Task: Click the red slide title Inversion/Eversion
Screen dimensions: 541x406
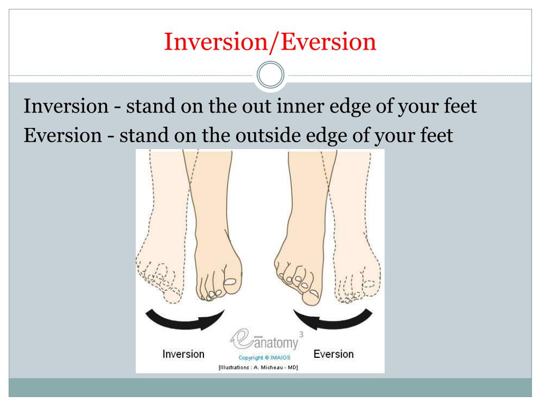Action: (270, 42)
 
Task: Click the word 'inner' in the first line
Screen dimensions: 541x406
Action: (300, 106)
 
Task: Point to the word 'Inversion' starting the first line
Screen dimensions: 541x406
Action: (66, 106)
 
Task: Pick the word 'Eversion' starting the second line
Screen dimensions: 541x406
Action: (63, 135)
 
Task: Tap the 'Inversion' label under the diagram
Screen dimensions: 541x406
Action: (183, 354)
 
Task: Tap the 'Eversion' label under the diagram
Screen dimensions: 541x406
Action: (334, 354)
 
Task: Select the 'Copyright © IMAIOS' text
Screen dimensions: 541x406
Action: (264, 358)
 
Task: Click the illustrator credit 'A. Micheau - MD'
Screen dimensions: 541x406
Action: (275, 367)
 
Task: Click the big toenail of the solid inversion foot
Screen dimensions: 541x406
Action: (230, 282)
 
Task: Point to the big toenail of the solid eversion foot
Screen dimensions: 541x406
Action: (314, 293)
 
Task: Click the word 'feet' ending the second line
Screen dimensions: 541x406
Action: (436, 135)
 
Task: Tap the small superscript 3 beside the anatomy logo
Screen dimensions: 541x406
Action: (301, 334)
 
